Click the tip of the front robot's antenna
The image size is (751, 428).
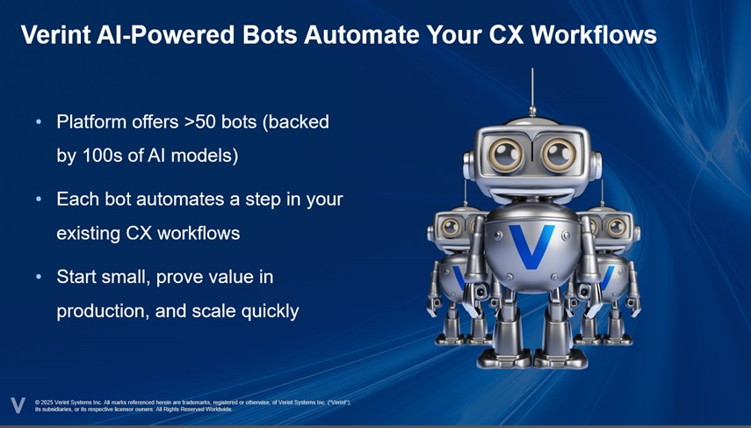(531, 71)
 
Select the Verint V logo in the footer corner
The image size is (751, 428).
(18, 405)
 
